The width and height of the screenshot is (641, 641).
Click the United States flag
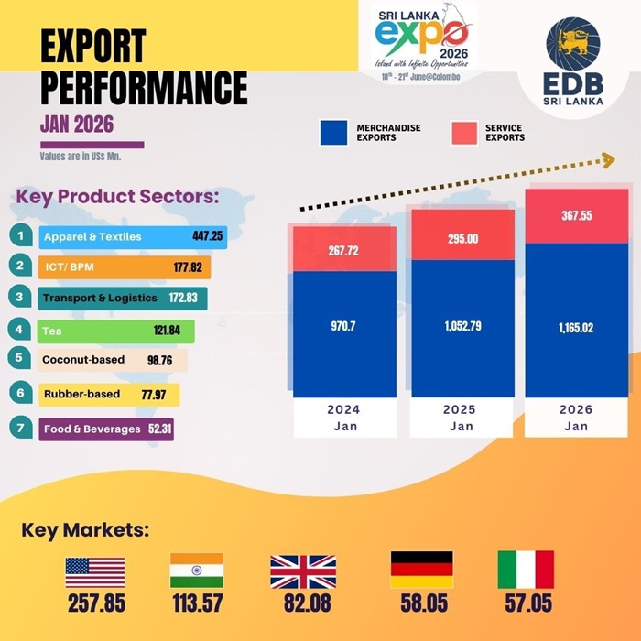95,571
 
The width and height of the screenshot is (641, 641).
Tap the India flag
196,570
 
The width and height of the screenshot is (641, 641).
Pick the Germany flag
421,570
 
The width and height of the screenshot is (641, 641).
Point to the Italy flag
526,570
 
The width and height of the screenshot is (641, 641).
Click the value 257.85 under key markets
95,605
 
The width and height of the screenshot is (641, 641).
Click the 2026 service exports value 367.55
576,216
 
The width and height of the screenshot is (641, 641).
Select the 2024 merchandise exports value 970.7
345,325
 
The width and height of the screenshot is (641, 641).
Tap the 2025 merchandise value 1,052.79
462,325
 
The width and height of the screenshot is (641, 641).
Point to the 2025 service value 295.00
462,237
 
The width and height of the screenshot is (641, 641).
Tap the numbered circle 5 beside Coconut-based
18,358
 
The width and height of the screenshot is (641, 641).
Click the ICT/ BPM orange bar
124,267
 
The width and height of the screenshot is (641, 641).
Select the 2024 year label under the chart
345,409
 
